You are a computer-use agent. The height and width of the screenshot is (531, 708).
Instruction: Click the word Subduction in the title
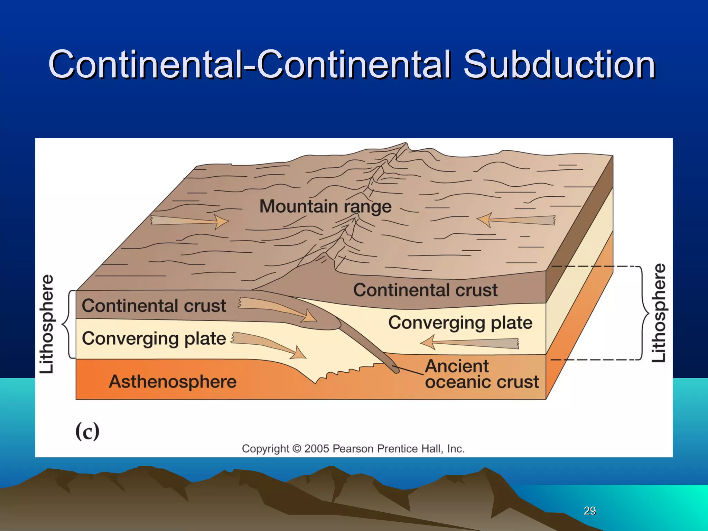[x=559, y=64]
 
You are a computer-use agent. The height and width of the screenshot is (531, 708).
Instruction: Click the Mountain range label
[x=325, y=206]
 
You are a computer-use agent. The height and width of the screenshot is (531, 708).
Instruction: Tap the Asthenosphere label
[x=173, y=382]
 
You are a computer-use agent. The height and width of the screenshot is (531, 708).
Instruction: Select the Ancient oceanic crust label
[x=481, y=374]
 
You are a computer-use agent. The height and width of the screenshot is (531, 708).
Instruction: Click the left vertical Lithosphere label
[x=47, y=324]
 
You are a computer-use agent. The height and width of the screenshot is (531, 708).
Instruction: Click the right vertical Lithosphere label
[x=659, y=313]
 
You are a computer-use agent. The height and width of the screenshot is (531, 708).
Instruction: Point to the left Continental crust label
[x=154, y=306]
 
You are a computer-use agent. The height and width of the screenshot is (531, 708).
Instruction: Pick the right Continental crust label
[x=425, y=290]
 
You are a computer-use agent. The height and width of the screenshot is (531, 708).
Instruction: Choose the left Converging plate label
[x=154, y=338]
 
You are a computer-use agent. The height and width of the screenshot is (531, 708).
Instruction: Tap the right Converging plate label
[x=460, y=323]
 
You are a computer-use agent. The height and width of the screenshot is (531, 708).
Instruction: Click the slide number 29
[x=589, y=511]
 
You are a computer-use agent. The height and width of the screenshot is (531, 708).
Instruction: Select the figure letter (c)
[x=87, y=431]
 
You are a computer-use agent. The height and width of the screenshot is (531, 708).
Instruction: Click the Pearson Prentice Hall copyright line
[x=353, y=448]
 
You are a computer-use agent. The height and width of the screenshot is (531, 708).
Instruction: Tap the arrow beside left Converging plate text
[x=268, y=344]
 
